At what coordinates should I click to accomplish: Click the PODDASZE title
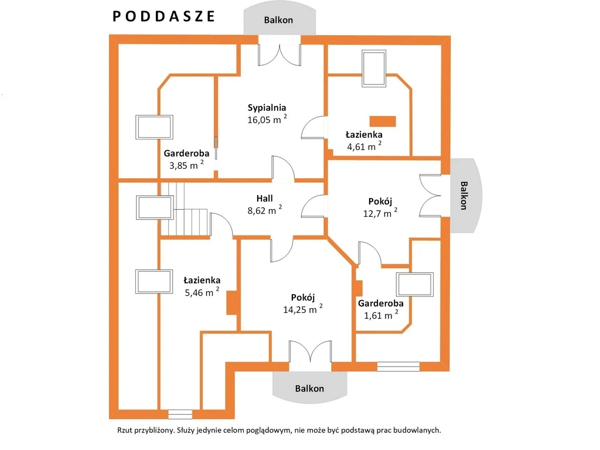[x=164, y=16]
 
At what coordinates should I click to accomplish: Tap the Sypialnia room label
[x=267, y=108]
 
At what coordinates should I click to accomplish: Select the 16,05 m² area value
[x=267, y=119]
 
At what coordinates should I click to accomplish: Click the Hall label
[x=264, y=198]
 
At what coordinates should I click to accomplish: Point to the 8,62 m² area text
[x=264, y=210]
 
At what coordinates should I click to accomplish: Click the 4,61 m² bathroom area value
[x=364, y=146]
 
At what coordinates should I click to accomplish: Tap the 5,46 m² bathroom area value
[x=202, y=292]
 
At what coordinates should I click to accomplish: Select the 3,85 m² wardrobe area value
[x=186, y=165]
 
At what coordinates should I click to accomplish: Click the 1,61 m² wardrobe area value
[x=381, y=315]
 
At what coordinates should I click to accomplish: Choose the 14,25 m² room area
[x=303, y=309]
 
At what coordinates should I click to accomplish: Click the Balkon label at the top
[x=278, y=20]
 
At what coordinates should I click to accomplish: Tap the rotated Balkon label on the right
[x=463, y=196]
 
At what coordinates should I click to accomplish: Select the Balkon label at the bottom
[x=309, y=388]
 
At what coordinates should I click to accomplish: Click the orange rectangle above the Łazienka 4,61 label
[x=382, y=121]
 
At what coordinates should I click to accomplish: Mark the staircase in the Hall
[x=184, y=209]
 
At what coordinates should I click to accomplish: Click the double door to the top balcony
[x=279, y=55]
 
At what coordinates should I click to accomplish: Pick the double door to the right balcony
[x=430, y=196]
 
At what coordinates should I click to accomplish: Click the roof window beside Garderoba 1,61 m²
[x=415, y=284]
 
